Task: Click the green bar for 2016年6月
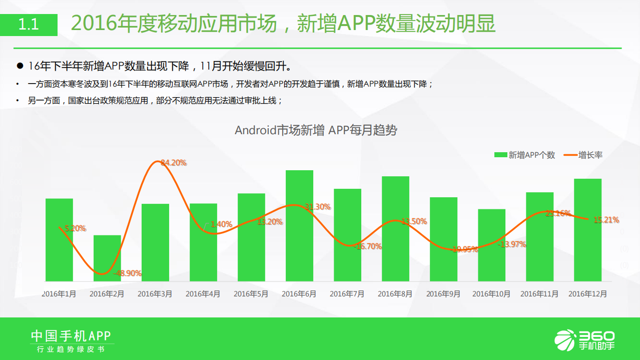(299, 225)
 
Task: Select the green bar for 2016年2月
(107, 258)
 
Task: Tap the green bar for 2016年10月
(491, 245)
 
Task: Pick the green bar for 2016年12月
(587, 230)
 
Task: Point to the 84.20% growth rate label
(173, 162)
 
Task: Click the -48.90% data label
(128, 273)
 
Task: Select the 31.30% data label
(318, 207)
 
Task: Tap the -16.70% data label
(368, 246)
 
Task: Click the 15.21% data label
(606, 220)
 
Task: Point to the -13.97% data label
(512, 244)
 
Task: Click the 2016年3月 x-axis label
(155, 294)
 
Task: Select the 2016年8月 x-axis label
(395, 294)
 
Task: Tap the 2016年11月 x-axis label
(539, 294)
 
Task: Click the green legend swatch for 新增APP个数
(500, 155)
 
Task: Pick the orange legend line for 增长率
(570, 155)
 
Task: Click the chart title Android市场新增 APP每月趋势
(316, 130)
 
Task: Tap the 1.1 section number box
(29, 24)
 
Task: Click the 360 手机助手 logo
(585, 339)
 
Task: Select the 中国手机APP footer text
(71, 335)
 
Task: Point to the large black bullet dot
(20, 66)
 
